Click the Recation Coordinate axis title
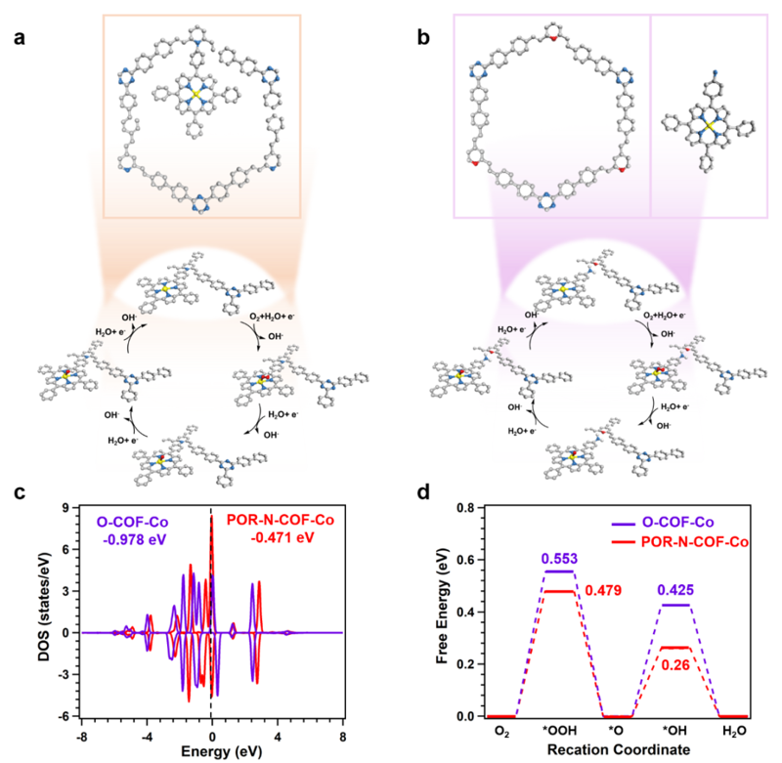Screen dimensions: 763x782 pos(609,750)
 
